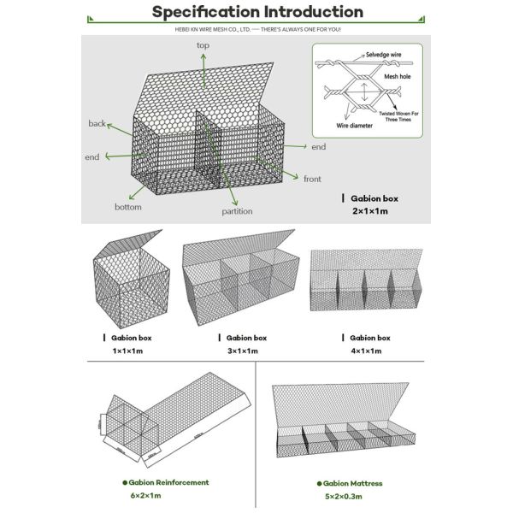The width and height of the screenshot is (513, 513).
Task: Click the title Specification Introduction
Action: (256, 12)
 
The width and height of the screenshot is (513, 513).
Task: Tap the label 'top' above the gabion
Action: (203, 45)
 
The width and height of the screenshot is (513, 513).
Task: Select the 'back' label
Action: (97, 124)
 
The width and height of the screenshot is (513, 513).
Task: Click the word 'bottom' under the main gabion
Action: (128, 207)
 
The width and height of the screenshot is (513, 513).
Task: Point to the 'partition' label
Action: (237, 210)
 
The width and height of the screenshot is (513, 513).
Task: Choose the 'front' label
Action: (312, 179)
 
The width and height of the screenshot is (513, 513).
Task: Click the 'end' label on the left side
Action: (92, 158)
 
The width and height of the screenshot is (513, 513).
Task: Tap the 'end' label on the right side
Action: (318, 147)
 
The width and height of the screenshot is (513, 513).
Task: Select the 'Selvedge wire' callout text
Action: (384, 54)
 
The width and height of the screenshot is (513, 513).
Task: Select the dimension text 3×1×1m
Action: (244, 351)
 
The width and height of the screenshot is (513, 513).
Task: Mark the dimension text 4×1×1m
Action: (369, 351)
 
